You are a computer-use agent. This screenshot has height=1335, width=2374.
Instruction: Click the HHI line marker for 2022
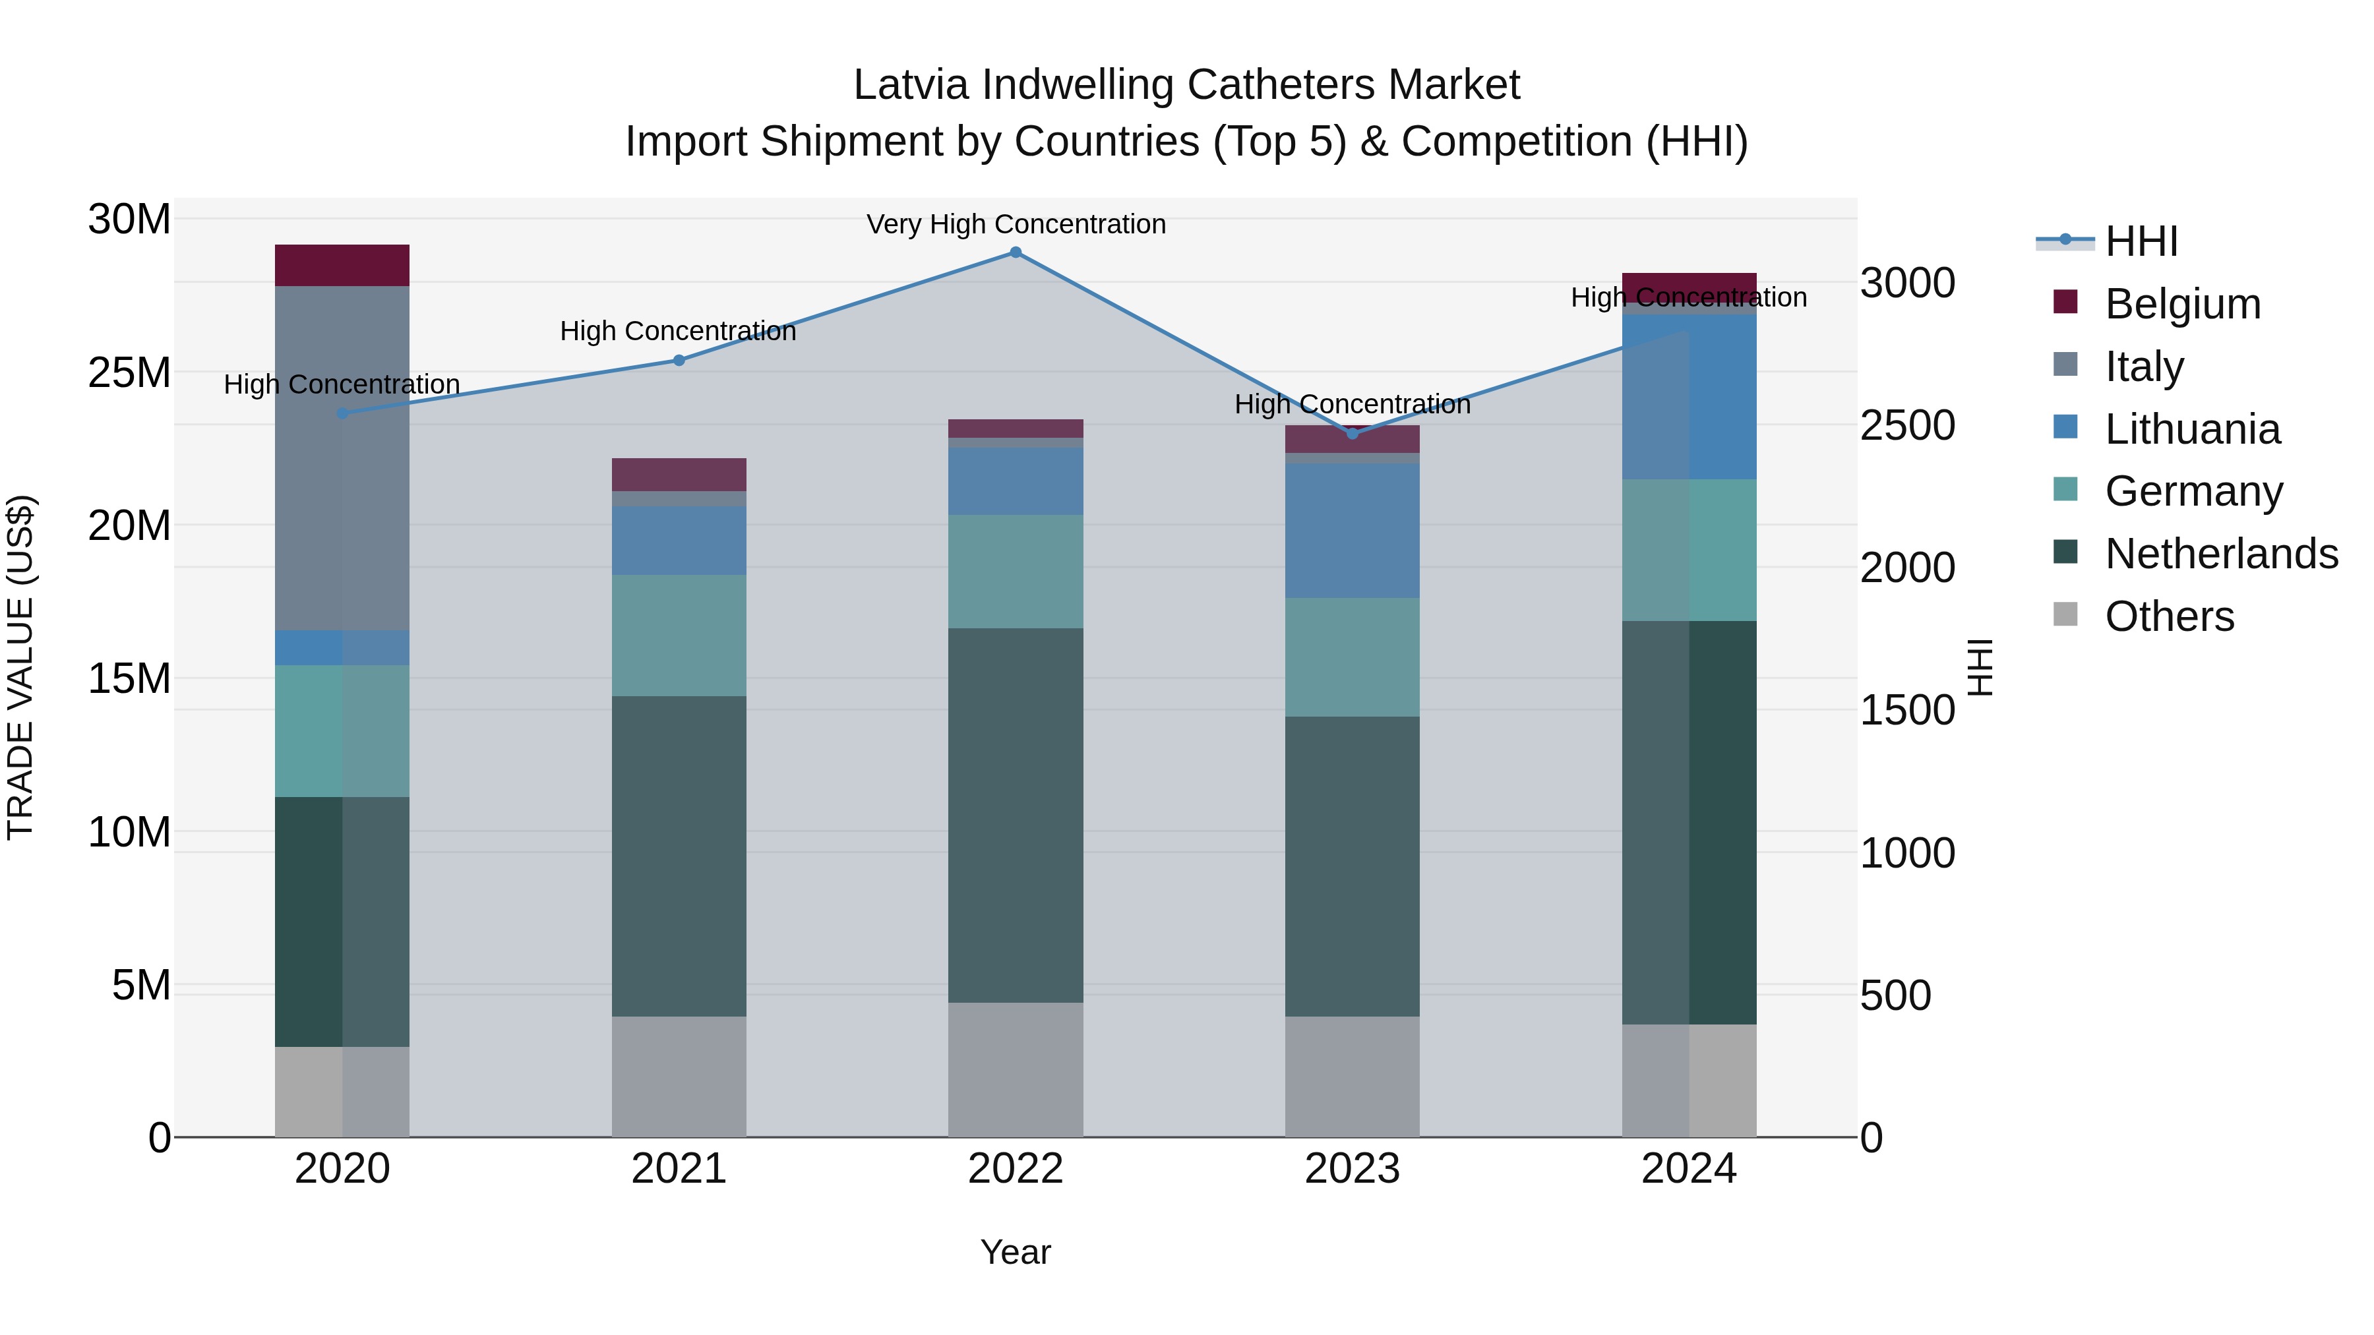(1016, 252)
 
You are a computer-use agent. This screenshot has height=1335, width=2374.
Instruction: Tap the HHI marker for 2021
(679, 360)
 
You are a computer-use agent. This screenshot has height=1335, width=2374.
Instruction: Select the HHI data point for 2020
(342, 413)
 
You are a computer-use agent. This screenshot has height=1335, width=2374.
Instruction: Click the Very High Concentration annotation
(1016, 224)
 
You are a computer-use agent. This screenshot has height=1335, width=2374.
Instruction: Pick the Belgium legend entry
(2182, 304)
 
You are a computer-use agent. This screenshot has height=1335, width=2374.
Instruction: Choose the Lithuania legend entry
(2191, 429)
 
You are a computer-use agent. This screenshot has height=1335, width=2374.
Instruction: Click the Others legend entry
(2170, 616)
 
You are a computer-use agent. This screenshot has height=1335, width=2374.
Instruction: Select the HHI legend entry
(2141, 241)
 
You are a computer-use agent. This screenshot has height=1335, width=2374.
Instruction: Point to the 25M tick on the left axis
(129, 373)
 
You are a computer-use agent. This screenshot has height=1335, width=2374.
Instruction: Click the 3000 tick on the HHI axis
(1906, 283)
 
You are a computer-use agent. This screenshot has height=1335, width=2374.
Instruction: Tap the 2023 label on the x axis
(1352, 1169)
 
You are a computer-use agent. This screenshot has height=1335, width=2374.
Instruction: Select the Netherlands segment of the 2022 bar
(1016, 816)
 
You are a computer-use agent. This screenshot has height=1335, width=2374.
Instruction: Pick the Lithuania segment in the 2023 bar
(1352, 531)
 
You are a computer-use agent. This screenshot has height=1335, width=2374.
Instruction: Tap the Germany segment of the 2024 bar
(1689, 550)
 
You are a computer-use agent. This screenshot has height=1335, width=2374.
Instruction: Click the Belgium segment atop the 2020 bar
(342, 265)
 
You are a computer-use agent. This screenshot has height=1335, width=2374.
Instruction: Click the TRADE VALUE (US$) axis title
(20, 667)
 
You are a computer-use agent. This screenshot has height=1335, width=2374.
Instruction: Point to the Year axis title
(1016, 1252)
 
